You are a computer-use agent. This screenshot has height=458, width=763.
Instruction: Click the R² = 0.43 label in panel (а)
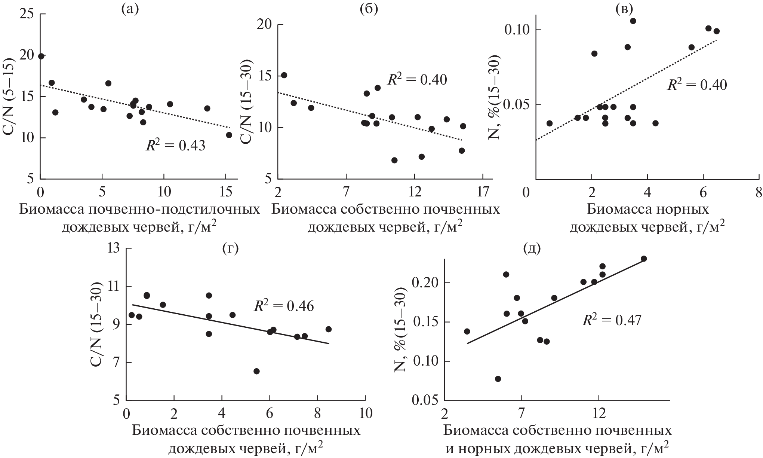pos(175,145)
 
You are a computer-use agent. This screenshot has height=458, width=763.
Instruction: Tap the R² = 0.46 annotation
pos(284,306)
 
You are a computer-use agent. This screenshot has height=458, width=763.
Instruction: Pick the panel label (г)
pos(230,248)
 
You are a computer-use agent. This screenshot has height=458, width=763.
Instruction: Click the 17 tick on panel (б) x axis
pos(483,192)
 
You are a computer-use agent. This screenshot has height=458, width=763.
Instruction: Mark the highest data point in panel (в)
pos(633,21)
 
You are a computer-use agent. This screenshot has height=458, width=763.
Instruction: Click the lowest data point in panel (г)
pos(256,371)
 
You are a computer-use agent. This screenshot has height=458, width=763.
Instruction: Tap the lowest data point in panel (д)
pos(498,379)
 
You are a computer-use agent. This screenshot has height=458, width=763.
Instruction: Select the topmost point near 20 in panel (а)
pos(41,56)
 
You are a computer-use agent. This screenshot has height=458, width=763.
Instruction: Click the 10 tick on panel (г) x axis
pos(365,414)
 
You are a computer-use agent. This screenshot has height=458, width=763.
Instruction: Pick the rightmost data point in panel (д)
pos(644,259)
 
